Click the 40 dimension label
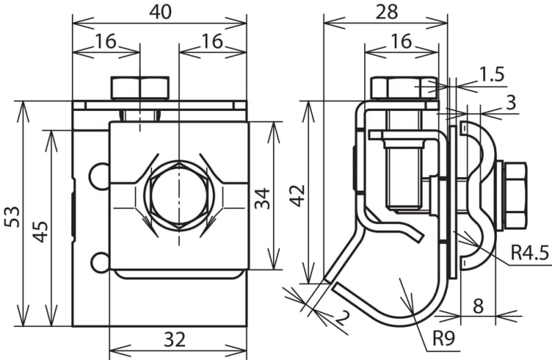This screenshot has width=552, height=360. [160, 12]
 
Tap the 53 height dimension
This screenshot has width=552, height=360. [13, 217]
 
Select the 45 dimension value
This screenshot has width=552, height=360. [41, 232]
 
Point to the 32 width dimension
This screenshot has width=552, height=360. [175, 340]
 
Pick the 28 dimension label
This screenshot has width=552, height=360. [386, 12]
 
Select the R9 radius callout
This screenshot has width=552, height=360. [444, 338]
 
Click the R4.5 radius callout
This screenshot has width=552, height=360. [530, 252]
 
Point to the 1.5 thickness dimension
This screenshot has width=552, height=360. [491, 74]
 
